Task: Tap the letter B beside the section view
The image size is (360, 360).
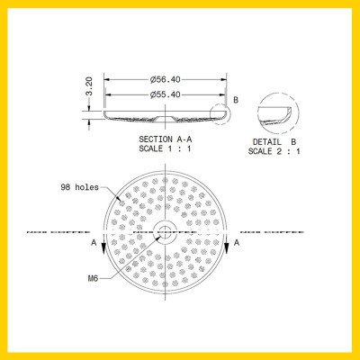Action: point(236,99)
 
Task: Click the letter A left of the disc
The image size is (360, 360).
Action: point(94,243)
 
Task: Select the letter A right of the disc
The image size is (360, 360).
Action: point(237,243)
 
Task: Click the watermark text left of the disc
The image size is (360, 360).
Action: point(56,231)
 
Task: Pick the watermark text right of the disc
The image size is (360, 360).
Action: point(274,231)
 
